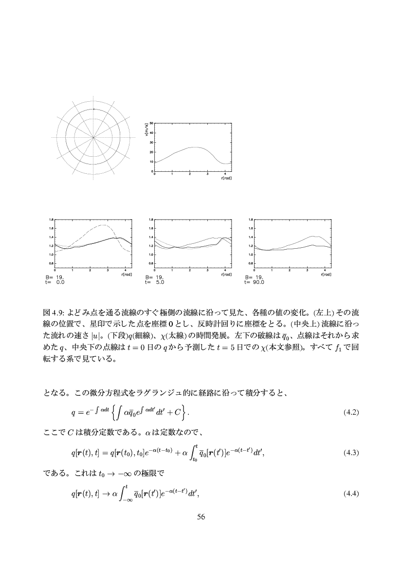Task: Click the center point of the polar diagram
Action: click(x=93, y=138)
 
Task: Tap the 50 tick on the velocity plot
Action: click(x=151, y=123)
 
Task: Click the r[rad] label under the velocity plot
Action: click(x=226, y=178)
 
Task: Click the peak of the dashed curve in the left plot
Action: click(x=104, y=225)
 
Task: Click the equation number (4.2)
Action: click(x=351, y=413)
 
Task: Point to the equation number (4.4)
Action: click(x=351, y=494)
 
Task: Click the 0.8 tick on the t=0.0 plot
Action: click(x=52, y=263)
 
